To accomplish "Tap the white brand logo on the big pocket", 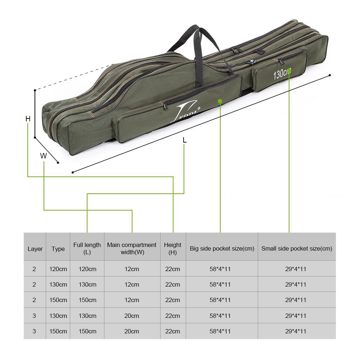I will pos(186,110).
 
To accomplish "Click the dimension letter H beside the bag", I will pos(28,118).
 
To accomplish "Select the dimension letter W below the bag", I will pos(44,156).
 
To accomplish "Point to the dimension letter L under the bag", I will pos(184,140).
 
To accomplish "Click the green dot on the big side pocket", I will pos(220,101).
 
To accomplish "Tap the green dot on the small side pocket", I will pos(289,71).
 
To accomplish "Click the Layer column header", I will pos(35,249).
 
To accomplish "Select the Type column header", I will pos(58,249).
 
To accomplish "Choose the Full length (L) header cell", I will pos(87,249).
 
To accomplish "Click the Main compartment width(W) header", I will pos(132,249).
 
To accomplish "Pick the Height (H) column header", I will pos(173,249).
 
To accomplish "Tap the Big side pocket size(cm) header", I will pos(222,249).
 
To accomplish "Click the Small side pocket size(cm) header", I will pos(297,249).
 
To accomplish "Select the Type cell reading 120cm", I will pos(58,269).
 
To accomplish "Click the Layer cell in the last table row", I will pos(35,331).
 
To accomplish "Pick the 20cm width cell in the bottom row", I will pos(132,331).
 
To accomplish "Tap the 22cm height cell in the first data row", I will pos(173,269).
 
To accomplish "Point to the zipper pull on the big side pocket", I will pos(166,105).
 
